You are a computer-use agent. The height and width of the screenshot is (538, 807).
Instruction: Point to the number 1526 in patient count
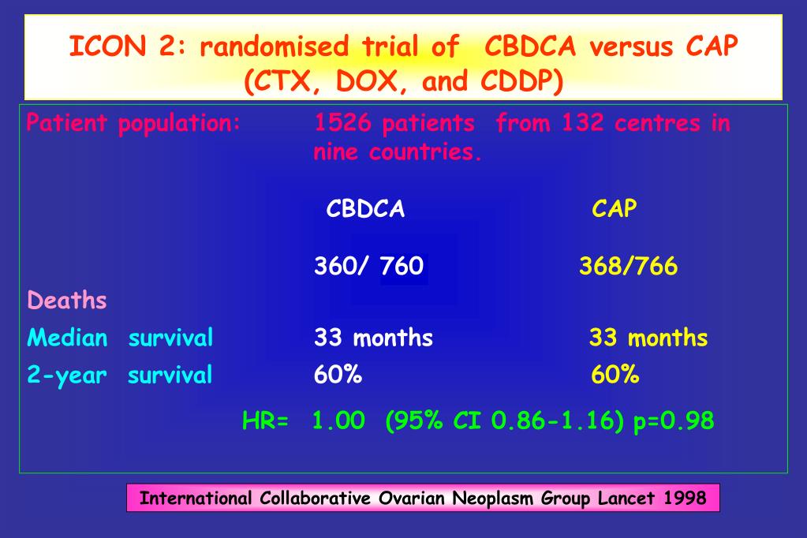pyautogui.click(x=342, y=123)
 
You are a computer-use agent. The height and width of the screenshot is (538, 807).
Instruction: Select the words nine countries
pyautogui.click(x=397, y=151)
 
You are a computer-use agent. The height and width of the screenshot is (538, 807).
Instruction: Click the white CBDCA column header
pyautogui.click(x=365, y=208)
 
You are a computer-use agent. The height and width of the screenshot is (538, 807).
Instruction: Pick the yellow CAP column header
pyautogui.click(x=614, y=208)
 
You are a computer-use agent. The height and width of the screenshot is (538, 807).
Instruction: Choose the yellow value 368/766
pyautogui.click(x=628, y=266)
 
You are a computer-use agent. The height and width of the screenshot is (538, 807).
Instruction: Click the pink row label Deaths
pyautogui.click(x=67, y=301)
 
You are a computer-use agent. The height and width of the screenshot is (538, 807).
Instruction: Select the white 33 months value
pyautogui.click(x=373, y=338)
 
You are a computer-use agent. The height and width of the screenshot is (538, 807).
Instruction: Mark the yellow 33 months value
pyautogui.click(x=648, y=338)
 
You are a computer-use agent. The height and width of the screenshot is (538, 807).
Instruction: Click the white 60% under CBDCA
pyautogui.click(x=338, y=375)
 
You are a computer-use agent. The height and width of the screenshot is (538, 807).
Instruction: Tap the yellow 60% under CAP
pyautogui.click(x=615, y=375)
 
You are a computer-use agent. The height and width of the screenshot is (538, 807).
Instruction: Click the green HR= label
pyautogui.click(x=265, y=420)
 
